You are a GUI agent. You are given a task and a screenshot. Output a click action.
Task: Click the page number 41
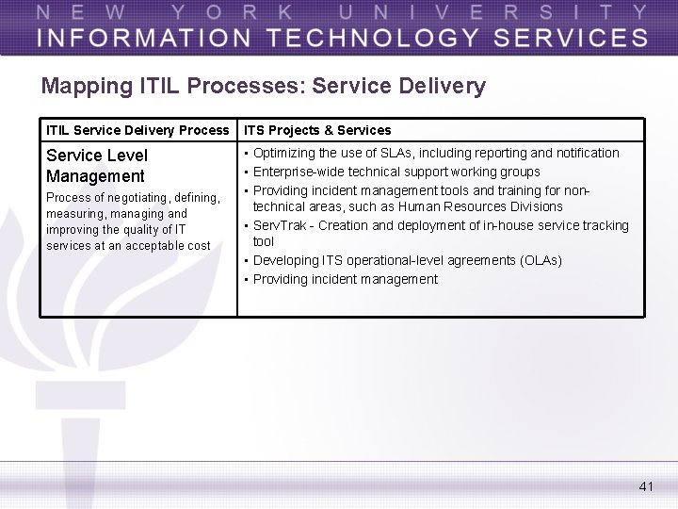tap(645, 486)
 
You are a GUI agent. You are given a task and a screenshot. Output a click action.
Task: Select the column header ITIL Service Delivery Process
tap(137, 130)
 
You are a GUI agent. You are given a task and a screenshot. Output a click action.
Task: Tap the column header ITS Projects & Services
tap(317, 130)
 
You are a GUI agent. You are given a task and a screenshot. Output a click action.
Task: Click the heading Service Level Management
tap(96, 165)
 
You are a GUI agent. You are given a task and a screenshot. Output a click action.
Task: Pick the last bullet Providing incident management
tap(345, 279)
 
